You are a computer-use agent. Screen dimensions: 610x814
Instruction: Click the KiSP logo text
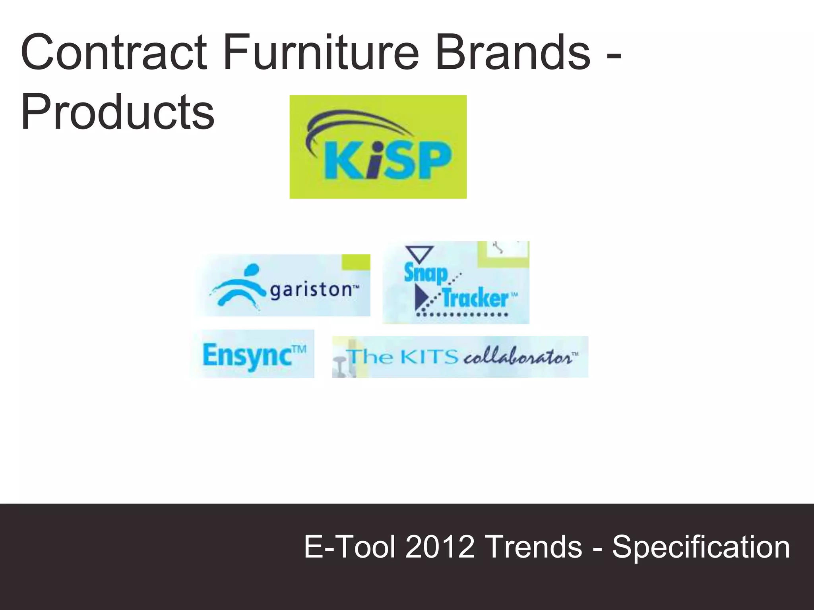click(388, 161)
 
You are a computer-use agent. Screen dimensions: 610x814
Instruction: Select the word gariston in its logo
click(311, 290)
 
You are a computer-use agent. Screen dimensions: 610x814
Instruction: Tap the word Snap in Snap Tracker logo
click(425, 273)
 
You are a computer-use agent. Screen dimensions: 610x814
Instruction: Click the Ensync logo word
click(247, 355)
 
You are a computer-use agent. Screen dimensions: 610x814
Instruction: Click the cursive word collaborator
click(518, 357)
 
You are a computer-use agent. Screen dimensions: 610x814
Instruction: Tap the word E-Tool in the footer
click(350, 547)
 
